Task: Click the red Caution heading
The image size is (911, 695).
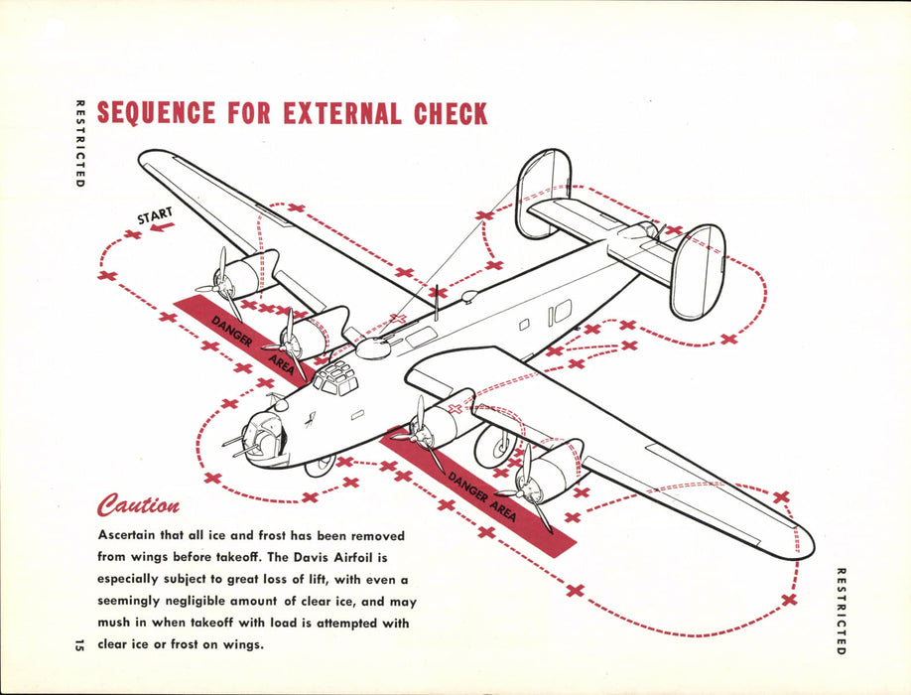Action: [138, 506]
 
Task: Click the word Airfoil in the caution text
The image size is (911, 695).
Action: [380, 556]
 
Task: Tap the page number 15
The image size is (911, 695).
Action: [78, 645]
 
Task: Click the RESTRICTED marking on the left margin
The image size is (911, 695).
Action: [78, 144]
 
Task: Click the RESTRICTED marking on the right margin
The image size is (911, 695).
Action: [841, 611]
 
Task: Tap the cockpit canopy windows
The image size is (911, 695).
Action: [334, 378]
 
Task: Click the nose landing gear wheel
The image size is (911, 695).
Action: [321, 465]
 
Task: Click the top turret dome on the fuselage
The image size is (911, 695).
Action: [373, 347]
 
